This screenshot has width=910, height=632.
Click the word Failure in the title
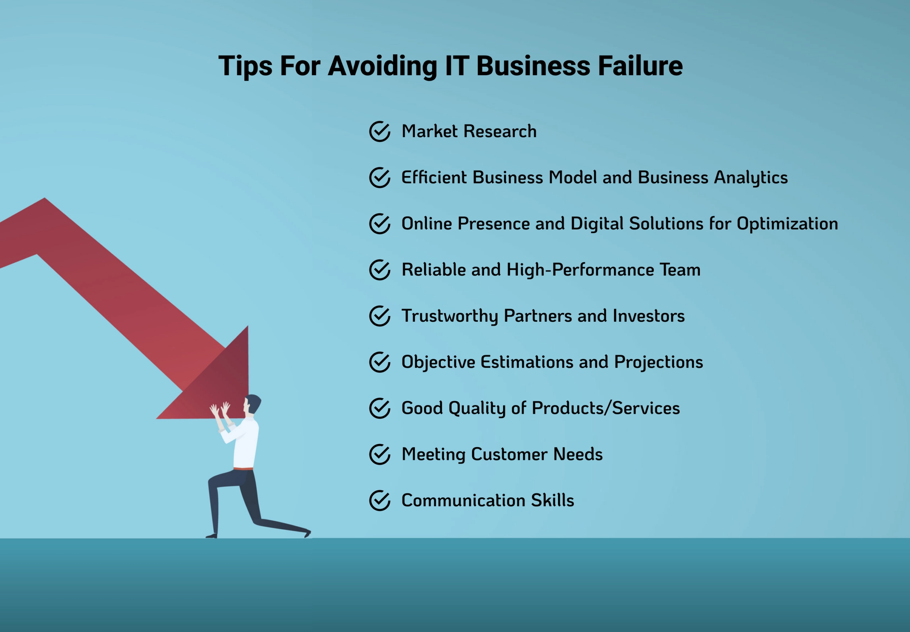[x=640, y=66]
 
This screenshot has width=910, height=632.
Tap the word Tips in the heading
[x=245, y=66]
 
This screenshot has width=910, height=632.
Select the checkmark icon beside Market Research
[x=380, y=132]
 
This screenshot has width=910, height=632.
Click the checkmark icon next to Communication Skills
[x=380, y=500]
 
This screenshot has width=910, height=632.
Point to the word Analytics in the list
[x=751, y=178]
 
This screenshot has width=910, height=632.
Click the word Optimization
[x=787, y=224]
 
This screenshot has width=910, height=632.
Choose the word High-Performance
[x=580, y=270]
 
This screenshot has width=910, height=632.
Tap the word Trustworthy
[x=449, y=316]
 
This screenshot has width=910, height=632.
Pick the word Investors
[x=649, y=316]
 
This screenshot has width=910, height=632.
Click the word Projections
[x=659, y=362]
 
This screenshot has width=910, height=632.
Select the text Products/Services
[x=605, y=408]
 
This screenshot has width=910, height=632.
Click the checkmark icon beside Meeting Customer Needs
[x=380, y=454]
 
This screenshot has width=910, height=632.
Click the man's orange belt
[x=243, y=469]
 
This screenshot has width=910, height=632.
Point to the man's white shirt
[x=246, y=444]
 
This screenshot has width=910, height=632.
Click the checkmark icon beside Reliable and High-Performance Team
[x=380, y=270]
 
